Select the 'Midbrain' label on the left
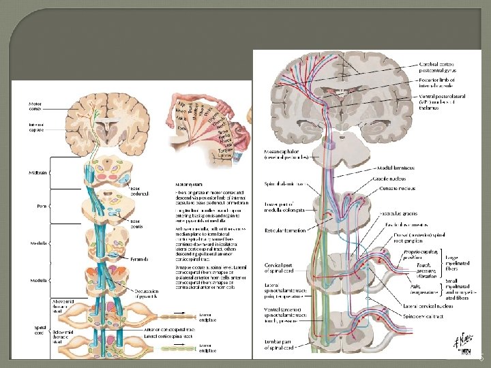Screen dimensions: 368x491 coord(38,173)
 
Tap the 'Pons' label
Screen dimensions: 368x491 coord(41,204)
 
